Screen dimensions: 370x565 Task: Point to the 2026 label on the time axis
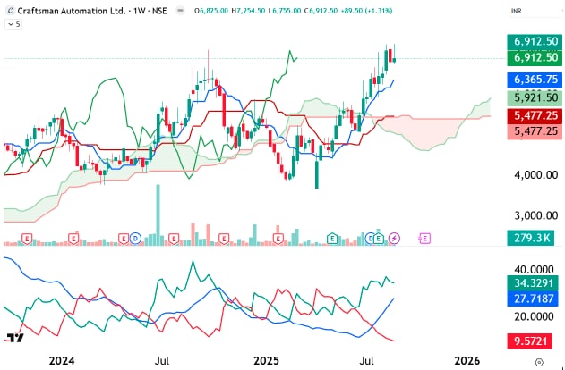[x=467, y=360]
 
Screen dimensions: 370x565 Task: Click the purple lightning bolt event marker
[x=396, y=238]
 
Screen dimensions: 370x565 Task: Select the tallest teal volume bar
[x=158, y=214]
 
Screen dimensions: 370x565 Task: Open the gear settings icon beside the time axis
[x=539, y=360]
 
